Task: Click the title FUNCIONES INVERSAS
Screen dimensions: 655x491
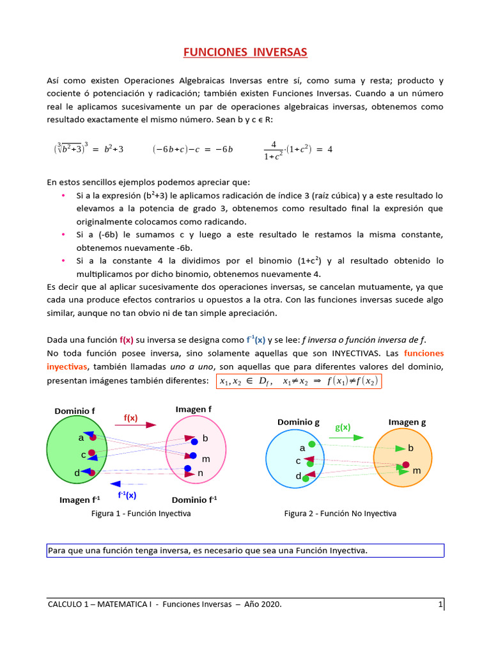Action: (245, 52)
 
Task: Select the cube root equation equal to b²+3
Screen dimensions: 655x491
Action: (88, 149)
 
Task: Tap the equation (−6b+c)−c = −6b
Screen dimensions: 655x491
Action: (192, 149)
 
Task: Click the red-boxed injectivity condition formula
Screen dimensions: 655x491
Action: (299, 382)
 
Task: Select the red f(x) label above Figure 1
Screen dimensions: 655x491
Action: (130, 418)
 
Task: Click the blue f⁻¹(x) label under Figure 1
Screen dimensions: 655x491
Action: (127, 495)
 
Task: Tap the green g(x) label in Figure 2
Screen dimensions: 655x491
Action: (343, 427)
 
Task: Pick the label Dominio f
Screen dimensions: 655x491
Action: (75, 411)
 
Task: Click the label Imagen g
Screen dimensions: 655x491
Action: (407, 422)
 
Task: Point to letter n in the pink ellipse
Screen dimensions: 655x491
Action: (200, 473)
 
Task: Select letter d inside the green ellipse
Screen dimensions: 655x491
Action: (77, 473)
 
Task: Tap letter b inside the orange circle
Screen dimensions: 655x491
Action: (411, 448)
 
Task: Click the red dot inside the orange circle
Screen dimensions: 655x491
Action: (405, 465)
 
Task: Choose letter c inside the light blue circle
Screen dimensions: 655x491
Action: (298, 461)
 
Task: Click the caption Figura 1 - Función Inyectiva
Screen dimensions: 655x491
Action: (141, 514)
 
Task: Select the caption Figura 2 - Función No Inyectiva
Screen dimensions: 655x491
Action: (340, 514)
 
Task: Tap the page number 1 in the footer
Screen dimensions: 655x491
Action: (440, 604)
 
